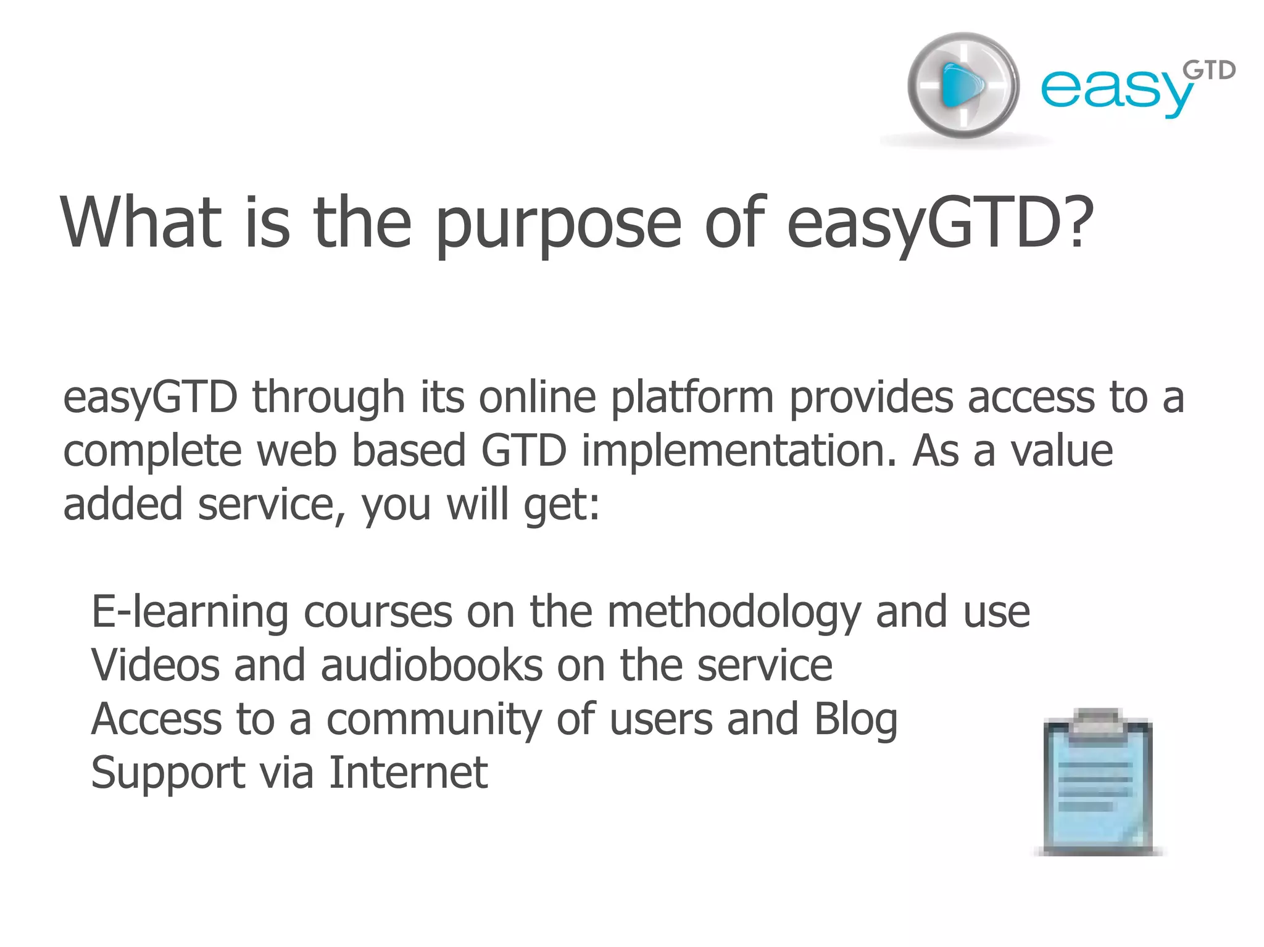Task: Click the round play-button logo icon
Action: coord(963,85)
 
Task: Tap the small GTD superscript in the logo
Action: coord(1209,71)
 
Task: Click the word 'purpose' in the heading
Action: coord(559,223)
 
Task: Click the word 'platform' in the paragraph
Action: coord(692,399)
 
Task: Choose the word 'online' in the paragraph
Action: coord(538,397)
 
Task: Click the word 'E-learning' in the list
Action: coord(190,613)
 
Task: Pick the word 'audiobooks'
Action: coord(431,666)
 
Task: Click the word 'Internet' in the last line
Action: coord(408,772)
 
